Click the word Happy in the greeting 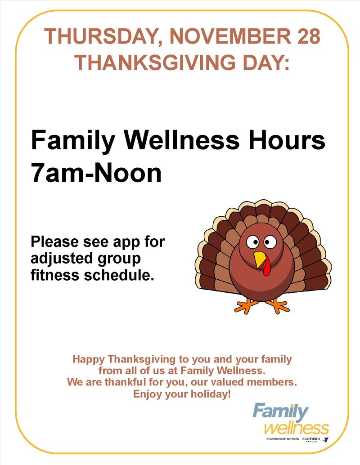[x=89, y=360]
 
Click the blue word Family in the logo [x=280, y=412]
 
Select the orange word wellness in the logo [x=296, y=428]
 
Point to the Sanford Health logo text [x=311, y=439]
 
